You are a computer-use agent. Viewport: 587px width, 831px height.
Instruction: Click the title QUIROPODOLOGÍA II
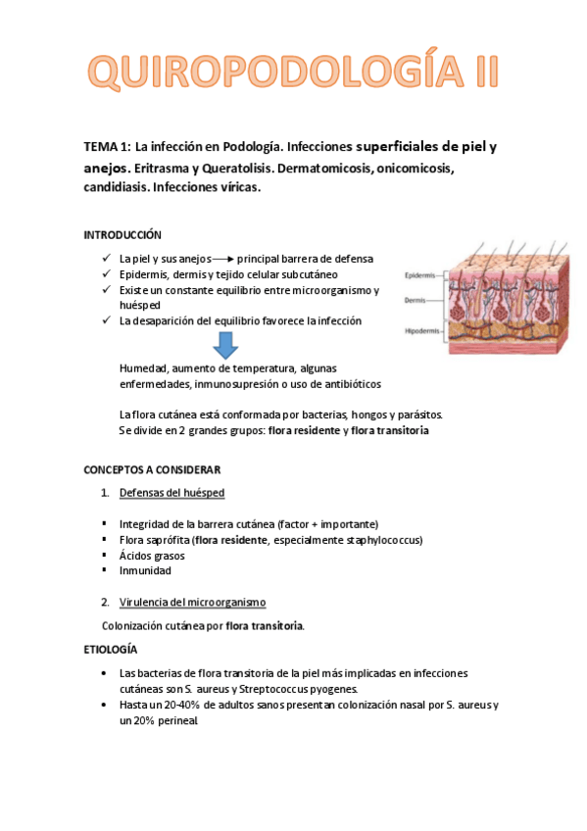[293, 73]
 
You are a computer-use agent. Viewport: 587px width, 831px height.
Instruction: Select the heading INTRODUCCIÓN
[122, 235]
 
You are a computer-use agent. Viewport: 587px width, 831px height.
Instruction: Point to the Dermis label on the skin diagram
[415, 301]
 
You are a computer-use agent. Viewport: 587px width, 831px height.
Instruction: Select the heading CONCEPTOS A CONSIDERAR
[152, 470]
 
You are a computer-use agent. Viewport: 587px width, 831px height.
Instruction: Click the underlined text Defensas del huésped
[171, 492]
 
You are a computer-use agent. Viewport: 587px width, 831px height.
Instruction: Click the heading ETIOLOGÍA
[111, 649]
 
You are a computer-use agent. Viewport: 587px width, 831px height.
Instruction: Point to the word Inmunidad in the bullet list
[145, 570]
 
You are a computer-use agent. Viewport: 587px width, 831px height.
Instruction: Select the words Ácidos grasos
[152, 556]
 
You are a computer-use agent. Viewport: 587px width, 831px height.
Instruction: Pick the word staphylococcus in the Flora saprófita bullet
[387, 540]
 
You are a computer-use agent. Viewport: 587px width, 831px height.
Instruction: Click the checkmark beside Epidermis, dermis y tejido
[105, 274]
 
